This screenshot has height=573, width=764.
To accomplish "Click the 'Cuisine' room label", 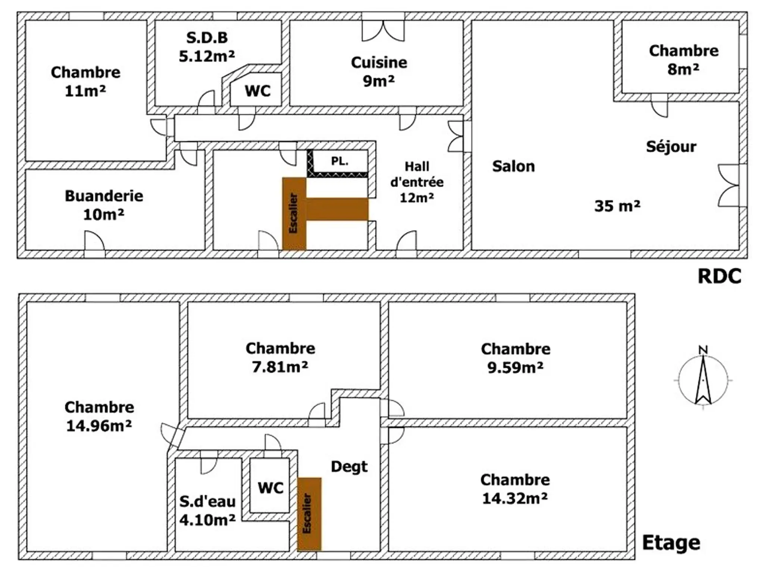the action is pyautogui.click(x=379, y=63).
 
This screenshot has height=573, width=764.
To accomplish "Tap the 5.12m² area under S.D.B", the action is pyautogui.click(x=207, y=56).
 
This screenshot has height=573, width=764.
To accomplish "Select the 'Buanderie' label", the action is pyautogui.click(x=104, y=196).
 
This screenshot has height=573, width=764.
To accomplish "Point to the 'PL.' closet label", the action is pyautogui.click(x=340, y=161).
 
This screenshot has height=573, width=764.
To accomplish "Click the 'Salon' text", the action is pyautogui.click(x=513, y=166).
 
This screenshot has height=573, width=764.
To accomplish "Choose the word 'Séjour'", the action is pyautogui.click(x=671, y=146).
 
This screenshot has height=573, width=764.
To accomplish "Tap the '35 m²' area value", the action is pyautogui.click(x=617, y=206).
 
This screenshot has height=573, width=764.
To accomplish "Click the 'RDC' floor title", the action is pyautogui.click(x=719, y=276).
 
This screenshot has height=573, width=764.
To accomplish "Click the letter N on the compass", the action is pyautogui.click(x=703, y=350).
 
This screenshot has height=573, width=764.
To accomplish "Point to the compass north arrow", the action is pyautogui.click(x=703, y=380).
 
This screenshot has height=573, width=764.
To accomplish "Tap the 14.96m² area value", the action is pyautogui.click(x=99, y=426).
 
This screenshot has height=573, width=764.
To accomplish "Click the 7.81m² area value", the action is pyautogui.click(x=280, y=367).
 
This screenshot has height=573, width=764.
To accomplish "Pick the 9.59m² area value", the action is pyautogui.click(x=515, y=368).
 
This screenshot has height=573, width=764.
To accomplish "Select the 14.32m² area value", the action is pyautogui.click(x=515, y=498).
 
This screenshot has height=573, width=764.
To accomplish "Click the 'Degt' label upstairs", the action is pyautogui.click(x=349, y=467).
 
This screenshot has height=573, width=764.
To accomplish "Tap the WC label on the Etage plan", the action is pyautogui.click(x=270, y=488).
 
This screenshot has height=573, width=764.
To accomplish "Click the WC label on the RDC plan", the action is pyautogui.click(x=258, y=91).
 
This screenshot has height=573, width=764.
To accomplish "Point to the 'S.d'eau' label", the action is pyautogui.click(x=207, y=501).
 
